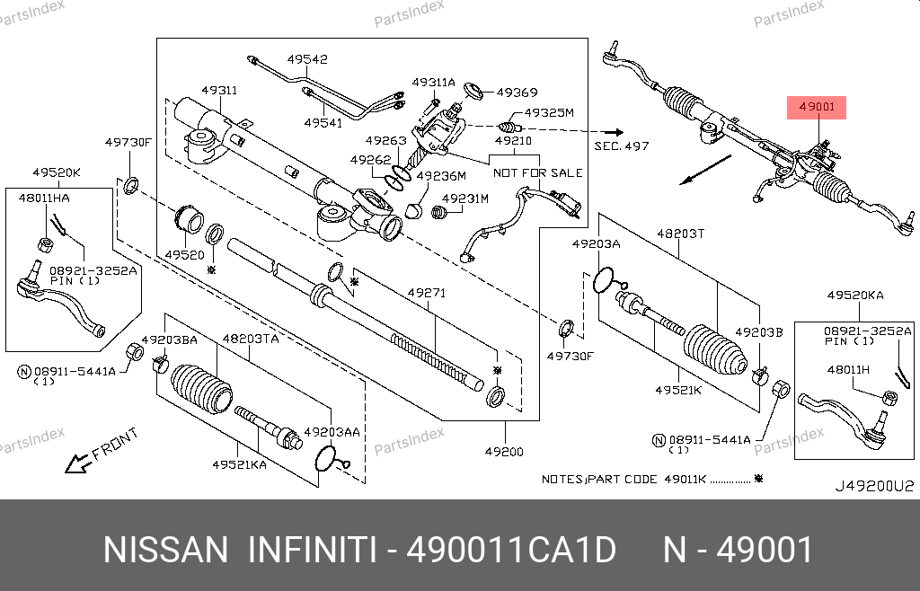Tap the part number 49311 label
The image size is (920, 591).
tap(219, 91)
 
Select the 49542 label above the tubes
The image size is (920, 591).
tap(307, 60)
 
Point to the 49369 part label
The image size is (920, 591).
tap(517, 92)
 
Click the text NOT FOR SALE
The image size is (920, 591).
tap(538, 172)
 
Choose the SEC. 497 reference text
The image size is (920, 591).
tap(621, 146)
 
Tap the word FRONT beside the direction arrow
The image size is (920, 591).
tap(115, 443)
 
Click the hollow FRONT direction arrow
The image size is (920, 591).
tap(77, 463)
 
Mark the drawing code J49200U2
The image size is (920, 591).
tap(874, 486)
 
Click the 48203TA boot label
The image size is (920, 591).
tap(251, 339)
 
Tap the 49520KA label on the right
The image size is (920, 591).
tap(855, 295)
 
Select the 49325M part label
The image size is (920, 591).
tap(549, 113)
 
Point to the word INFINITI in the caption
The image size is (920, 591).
tap(310, 550)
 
